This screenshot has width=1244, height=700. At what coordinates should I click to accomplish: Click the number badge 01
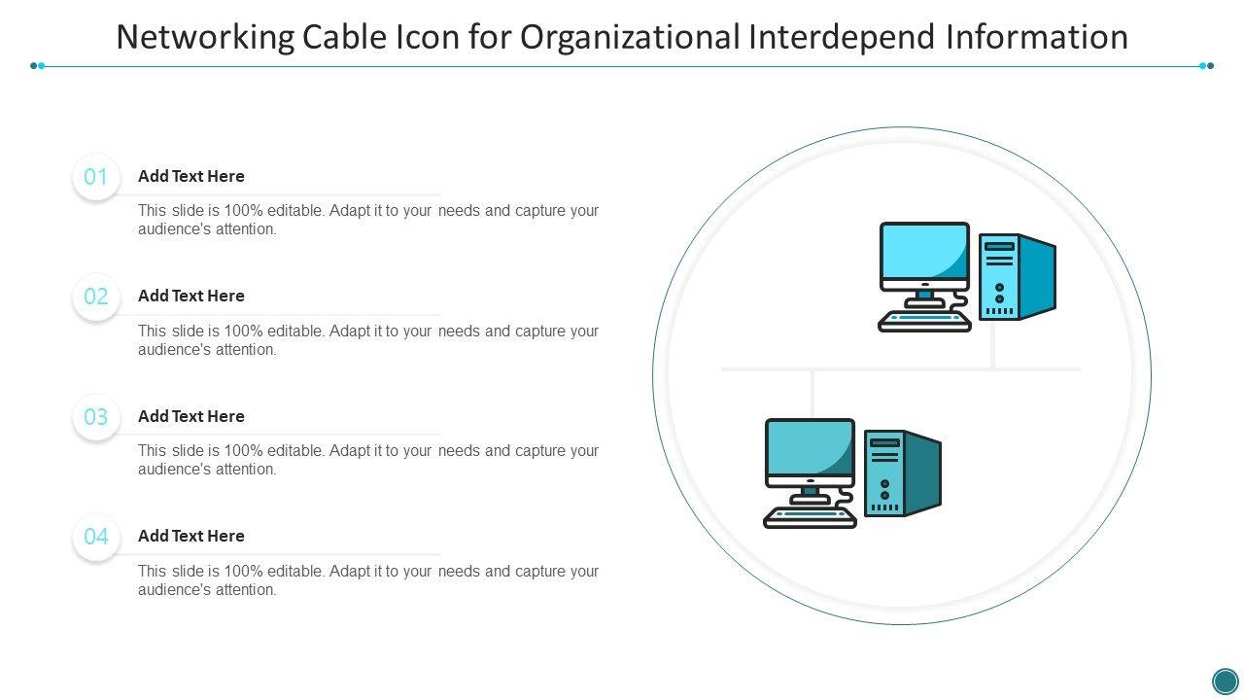(x=96, y=177)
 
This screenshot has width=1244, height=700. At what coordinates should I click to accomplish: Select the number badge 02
(x=96, y=297)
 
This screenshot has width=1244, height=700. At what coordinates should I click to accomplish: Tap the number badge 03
(x=96, y=417)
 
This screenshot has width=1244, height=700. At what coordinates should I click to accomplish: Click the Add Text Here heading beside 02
(x=191, y=296)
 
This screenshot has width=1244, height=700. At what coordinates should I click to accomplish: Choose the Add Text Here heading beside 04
(x=191, y=536)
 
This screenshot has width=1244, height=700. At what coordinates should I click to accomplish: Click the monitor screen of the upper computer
(x=924, y=251)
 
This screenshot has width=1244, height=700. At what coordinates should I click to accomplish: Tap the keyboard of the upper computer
(x=924, y=321)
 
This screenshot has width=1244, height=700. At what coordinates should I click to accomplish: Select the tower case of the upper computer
(x=1018, y=277)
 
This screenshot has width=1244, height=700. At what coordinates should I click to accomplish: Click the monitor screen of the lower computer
(x=810, y=446)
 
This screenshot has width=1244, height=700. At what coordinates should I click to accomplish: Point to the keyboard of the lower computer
(x=810, y=517)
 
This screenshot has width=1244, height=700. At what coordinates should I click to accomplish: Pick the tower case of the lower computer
(x=903, y=472)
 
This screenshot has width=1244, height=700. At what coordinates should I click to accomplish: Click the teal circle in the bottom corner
(x=1225, y=681)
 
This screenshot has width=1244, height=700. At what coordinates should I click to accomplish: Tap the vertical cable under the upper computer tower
(x=992, y=344)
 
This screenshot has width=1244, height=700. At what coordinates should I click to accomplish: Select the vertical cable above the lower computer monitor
(x=812, y=394)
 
